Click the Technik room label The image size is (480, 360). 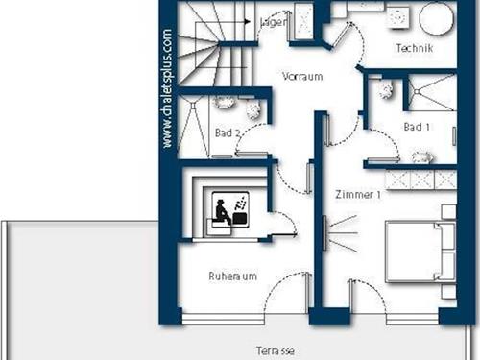click(415, 48)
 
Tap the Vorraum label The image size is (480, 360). click(302, 77)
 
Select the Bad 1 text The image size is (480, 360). click(417, 127)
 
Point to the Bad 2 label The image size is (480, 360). click(228, 132)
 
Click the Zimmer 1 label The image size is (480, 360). click(358, 194)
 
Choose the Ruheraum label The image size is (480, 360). click(232, 276)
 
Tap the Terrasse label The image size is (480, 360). click(276, 350)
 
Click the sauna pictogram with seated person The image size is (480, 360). click(230, 210)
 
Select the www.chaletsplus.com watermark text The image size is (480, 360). click(167, 88)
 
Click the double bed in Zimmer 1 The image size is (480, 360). click(420, 252)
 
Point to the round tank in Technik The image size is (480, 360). click(436, 18)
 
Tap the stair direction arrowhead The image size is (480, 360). click(247, 22)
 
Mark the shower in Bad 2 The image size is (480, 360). click(193, 127)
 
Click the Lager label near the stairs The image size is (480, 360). click(273, 22)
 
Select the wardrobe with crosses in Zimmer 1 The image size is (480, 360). click(420, 180)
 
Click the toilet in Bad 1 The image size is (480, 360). click(387, 90)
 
